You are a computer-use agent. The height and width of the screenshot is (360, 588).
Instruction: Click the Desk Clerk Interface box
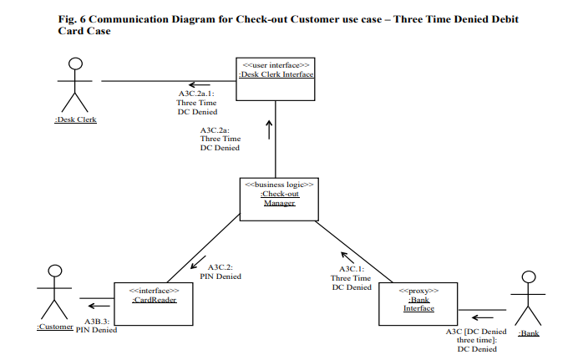(276, 79)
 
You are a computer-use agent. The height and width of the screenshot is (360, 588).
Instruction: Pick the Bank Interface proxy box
(418, 302)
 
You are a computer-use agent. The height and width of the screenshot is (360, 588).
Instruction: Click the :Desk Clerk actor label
(75, 119)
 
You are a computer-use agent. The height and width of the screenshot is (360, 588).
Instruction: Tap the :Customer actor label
(55, 327)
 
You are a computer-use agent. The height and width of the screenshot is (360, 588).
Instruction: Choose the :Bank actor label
(529, 332)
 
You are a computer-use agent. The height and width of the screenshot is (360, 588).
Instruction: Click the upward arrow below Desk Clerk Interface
(269, 129)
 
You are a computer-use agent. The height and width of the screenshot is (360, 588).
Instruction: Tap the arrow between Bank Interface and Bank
(482, 317)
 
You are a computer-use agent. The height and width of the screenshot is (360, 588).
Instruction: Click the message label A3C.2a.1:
(197, 94)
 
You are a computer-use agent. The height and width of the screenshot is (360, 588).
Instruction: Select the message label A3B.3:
(98, 321)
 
